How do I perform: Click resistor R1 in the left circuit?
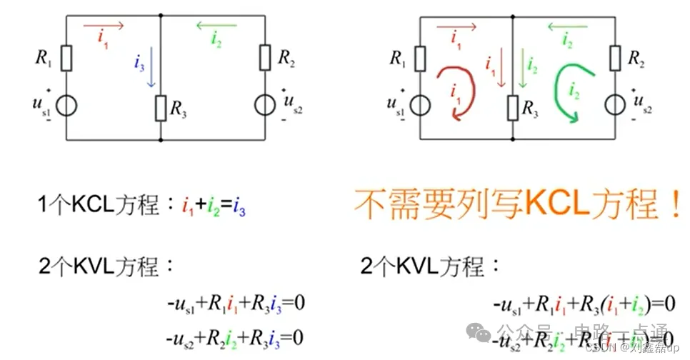(x=66, y=58)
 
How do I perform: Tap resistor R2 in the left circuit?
(x=264, y=57)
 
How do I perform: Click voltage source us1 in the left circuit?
(x=66, y=105)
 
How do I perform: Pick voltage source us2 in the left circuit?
(x=265, y=105)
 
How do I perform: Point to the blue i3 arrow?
(x=151, y=72)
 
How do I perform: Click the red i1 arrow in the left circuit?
(x=104, y=26)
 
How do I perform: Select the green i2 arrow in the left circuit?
(x=217, y=26)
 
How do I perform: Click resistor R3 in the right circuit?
(x=512, y=108)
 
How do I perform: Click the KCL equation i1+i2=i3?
(x=214, y=208)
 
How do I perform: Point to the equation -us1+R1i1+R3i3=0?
(x=236, y=304)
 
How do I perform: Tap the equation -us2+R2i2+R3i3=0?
(x=236, y=336)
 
